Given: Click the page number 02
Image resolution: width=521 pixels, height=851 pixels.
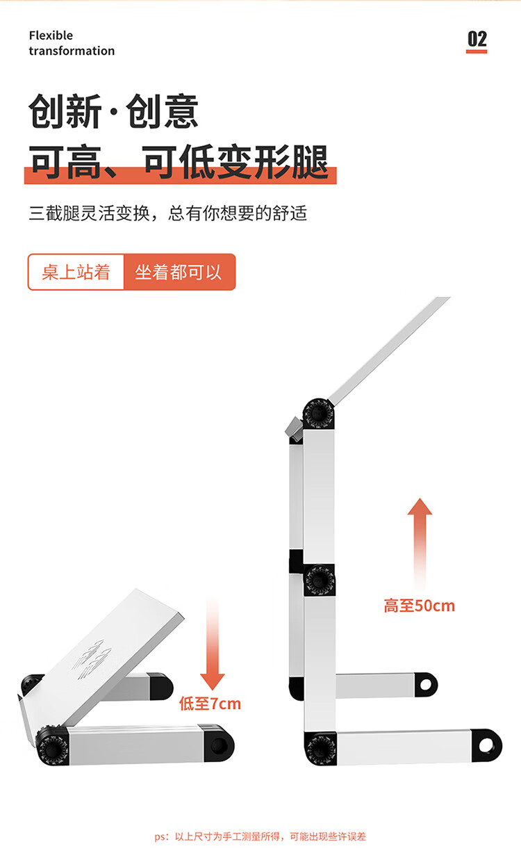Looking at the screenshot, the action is coord(477,39).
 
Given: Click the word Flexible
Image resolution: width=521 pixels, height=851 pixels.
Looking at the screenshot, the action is coord(51,35).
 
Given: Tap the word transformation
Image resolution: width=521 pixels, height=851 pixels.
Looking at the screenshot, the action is coord(72,51).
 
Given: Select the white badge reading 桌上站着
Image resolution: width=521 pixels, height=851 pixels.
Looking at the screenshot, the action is coord(76,272).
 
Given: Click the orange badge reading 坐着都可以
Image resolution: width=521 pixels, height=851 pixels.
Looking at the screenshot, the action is coord(179,272).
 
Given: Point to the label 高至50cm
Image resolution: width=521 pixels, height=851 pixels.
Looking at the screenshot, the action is coord(419,606).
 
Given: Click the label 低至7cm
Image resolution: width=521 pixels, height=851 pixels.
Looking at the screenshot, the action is coord(210,704).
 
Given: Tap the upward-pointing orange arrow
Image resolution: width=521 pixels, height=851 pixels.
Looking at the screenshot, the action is coord(420,544).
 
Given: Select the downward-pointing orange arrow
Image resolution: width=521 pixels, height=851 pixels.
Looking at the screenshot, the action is coord(213,645).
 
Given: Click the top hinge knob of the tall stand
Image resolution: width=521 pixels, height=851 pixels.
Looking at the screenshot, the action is coord(318,414).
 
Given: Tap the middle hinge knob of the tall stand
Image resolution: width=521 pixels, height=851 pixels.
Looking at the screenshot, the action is coord(319,580).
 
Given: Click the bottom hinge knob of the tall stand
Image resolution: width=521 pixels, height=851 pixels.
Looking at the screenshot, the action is coord(320,748).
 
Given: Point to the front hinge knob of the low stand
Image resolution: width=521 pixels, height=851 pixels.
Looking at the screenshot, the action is coord(52,747).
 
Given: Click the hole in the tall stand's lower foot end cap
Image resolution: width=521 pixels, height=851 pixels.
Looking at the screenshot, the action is coord(486,745).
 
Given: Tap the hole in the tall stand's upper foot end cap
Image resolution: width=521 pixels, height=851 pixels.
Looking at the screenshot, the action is coord(426,684).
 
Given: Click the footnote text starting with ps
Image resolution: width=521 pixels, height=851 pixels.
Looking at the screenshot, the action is coord(260,836).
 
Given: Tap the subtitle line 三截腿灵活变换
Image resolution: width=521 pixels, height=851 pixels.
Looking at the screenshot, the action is coord(90,213).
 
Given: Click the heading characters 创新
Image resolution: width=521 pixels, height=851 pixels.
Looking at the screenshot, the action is coord(65,111).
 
